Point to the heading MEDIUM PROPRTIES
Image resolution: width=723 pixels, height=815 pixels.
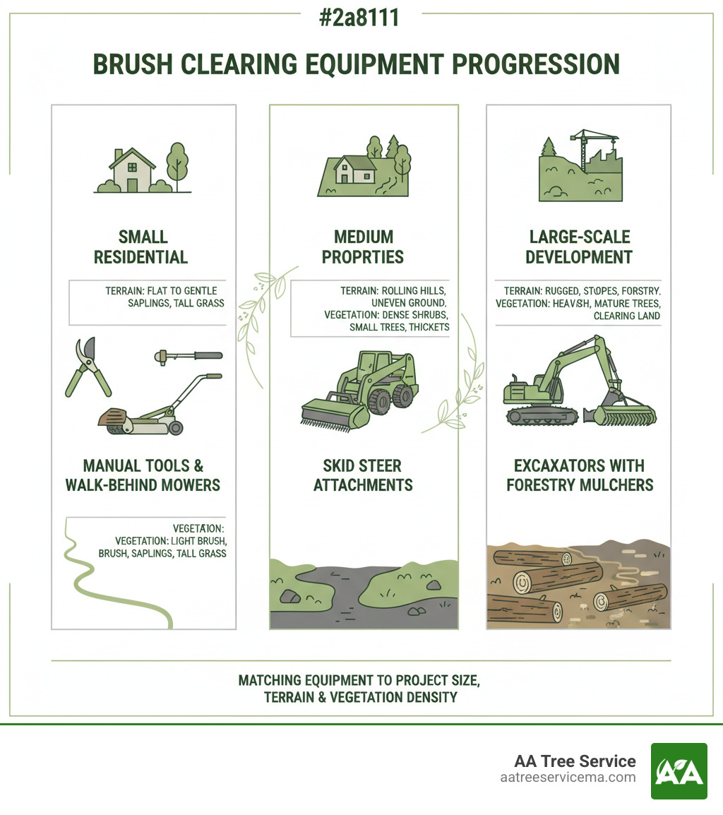click(363, 246)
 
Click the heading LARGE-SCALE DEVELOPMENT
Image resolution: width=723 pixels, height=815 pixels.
click(578, 246)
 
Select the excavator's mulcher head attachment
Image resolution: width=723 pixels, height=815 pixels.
click(625, 413)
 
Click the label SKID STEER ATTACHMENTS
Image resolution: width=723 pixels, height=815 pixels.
click(363, 475)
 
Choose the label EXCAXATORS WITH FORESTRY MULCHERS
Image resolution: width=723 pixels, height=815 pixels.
click(580, 475)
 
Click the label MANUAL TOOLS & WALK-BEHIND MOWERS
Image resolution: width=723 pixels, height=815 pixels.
click(143, 475)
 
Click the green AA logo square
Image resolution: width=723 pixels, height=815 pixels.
click(679, 771)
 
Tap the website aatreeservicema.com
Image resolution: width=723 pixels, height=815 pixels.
click(568, 778)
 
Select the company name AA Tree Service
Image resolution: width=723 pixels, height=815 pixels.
click(575, 761)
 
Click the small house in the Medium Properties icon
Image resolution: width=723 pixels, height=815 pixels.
click(354, 170)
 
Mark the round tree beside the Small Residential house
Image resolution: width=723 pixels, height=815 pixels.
click(177, 160)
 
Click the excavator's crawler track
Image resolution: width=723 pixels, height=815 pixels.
click(547, 415)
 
